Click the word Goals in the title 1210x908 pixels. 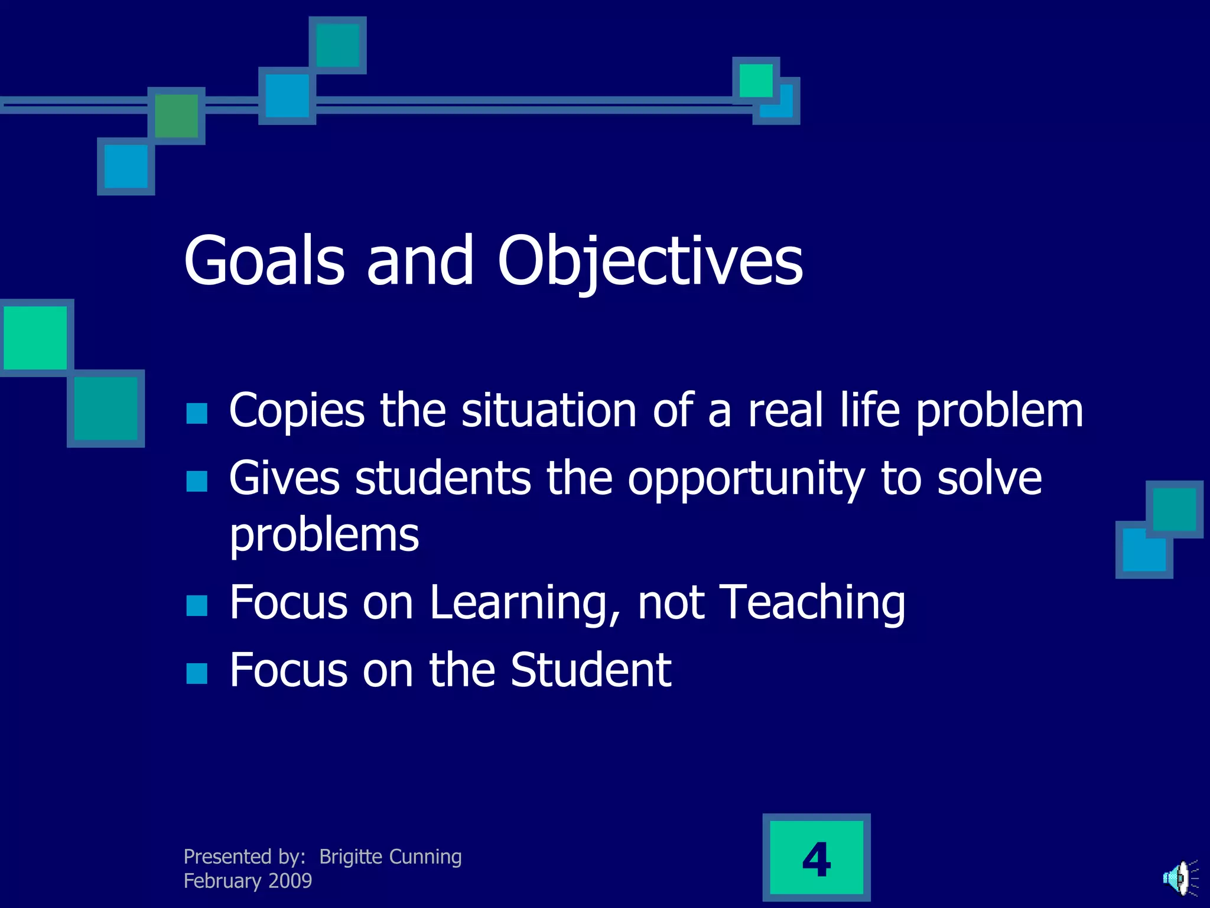pyautogui.click(x=264, y=261)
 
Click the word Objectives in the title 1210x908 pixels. pyautogui.click(x=650, y=261)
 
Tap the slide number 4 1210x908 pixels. pyautogui.click(x=817, y=859)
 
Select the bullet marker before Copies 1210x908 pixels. pyautogui.click(x=197, y=414)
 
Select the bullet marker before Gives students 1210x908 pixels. pyautogui.click(x=197, y=481)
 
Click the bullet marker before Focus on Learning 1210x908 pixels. pyautogui.click(x=197, y=605)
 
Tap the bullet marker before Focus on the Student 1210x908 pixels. pyautogui.click(x=197, y=673)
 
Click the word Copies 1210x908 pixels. pyautogui.click(x=297, y=411)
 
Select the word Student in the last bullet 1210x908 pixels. pyautogui.click(x=590, y=670)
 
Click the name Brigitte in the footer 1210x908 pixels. pyautogui.click(x=351, y=857)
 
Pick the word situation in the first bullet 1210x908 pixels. pyautogui.click(x=549, y=411)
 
